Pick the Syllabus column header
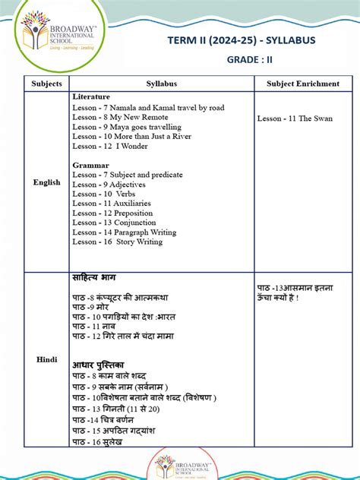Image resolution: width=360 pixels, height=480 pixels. pyautogui.click(x=161, y=84)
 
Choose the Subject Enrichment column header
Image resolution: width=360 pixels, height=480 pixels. pyautogui.click(x=303, y=84)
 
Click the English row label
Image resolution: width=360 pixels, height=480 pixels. pyautogui.click(x=46, y=182)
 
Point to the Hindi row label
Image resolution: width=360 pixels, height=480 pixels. pyautogui.click(x=46, y=359)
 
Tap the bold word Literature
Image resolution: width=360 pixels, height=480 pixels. pyautogui.click(x=91, y=97)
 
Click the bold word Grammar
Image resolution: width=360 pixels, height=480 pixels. pyautogui.click(x=90, y=165)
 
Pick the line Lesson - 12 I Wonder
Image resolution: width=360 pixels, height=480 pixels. pyautogui.click(x=111, y=146)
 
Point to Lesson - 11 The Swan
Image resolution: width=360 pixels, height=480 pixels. pyautogui.click(x=292, y=118)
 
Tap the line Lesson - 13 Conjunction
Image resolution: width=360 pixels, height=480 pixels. pyautogui.click(x=113, y=223)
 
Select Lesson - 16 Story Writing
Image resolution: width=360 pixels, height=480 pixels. pyautogui.click(x=117, y=242)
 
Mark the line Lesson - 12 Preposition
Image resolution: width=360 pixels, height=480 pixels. pyautogui.click(x=112, y=213)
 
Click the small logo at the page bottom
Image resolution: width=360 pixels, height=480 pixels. pyautogui.click(x=180, y=466)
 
